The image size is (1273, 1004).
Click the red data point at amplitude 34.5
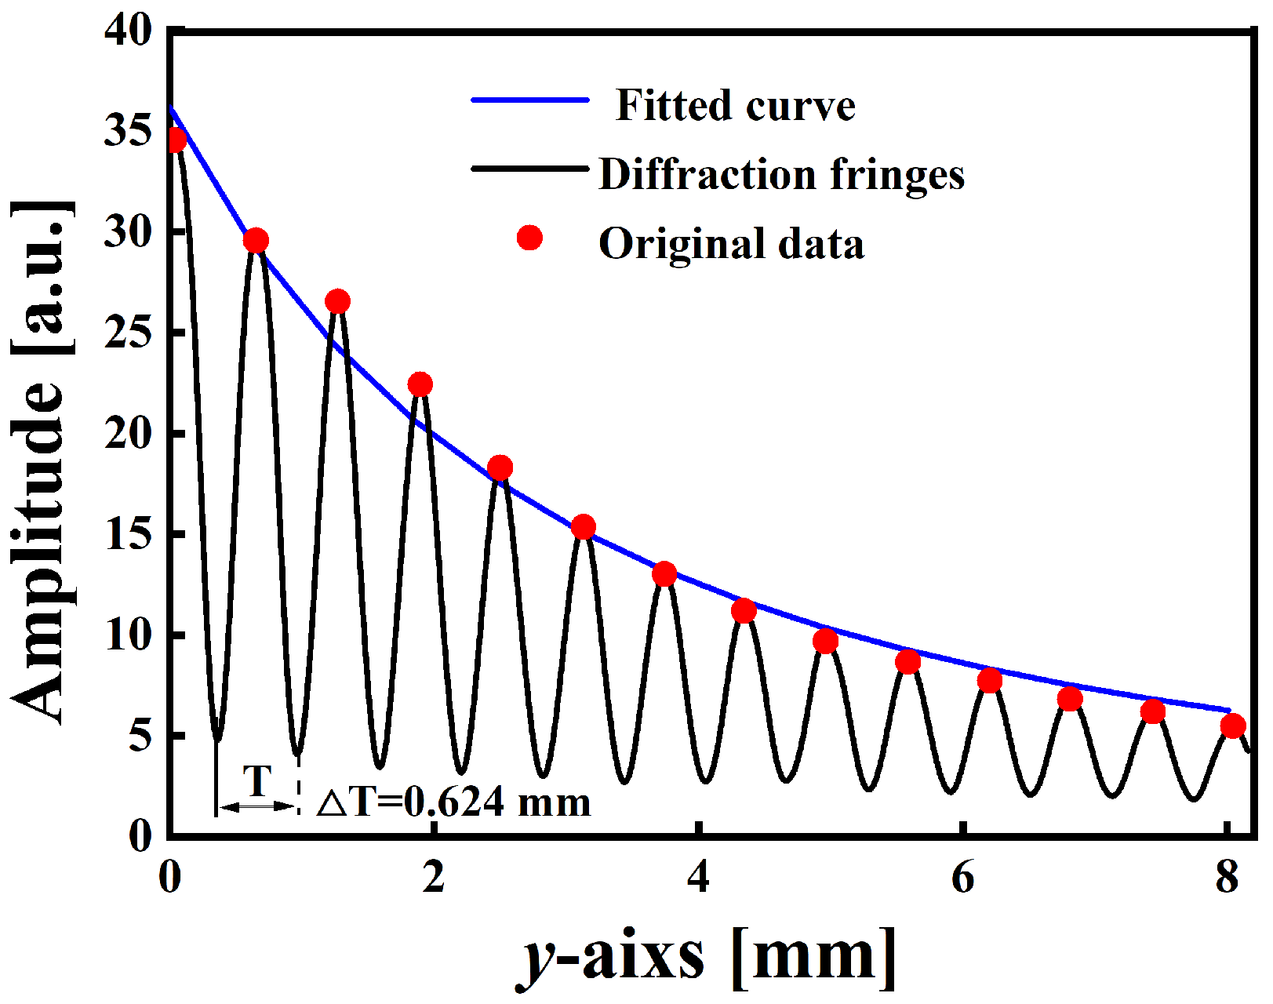pyautogui.click(x=176, y=140)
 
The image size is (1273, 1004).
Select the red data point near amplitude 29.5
pyautogui.click(x=256, y=241)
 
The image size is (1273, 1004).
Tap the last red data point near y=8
pyautogui.click(x=1233, y=726)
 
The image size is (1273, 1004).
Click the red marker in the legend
pyautogui.click(x=530, y=238)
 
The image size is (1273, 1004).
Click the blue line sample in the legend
pyautogui.click(x=530, y=100)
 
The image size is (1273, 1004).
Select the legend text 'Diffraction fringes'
pyautogui.click(x=781, y=174)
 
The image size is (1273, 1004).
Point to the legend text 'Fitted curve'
pyautogui.click(x=735, y=105)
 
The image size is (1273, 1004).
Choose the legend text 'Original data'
pyautogui.click(x=731, y=243)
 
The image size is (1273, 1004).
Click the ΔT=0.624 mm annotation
pyautogui.click(x=453, y=802)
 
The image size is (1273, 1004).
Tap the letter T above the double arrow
pyautogui.click(x=257, y=780)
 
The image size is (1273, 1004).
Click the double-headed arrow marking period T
pyautogui.click(x=257, y=806)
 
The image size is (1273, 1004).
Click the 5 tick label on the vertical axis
pyautogui.click(x=140, y=737)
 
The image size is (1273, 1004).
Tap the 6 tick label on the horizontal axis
pyautogui.click(x=962, y=877)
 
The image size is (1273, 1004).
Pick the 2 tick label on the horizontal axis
pyautogui.click(x=433, y=877)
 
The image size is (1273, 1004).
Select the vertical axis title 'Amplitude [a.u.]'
pyautogui.click(x=41, y=463)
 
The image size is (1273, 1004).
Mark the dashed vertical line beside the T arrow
pyautogui.click(x=298, y=784)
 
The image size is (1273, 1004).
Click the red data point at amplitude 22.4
pyautogui.click(x=420, y=384)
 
